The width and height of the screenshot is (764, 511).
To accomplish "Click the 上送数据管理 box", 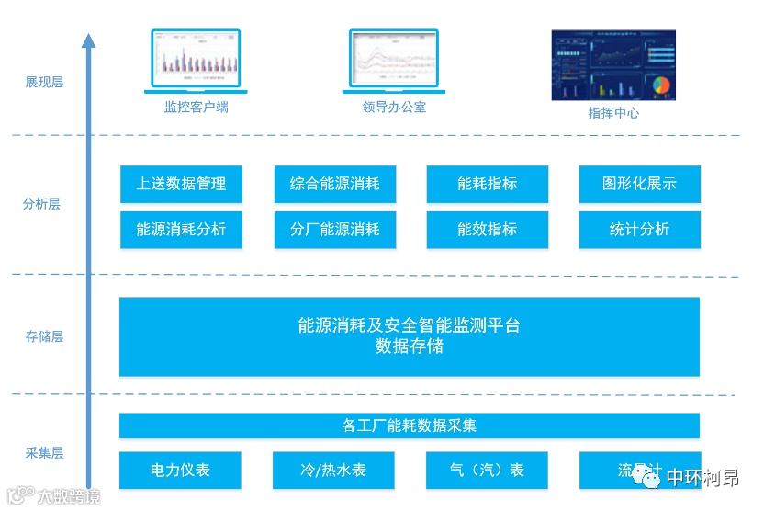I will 181,184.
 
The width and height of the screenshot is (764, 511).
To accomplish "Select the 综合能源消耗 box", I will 334,184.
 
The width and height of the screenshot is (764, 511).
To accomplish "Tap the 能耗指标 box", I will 487,184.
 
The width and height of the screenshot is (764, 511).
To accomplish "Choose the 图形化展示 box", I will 639,184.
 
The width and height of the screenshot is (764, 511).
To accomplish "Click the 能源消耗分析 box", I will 181,230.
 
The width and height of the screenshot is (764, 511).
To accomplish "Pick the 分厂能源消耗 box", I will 334,230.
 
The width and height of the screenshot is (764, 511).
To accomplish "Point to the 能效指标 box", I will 487,230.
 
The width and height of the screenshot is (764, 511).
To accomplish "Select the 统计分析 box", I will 639,230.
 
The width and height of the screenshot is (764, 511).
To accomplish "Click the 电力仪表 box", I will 180,470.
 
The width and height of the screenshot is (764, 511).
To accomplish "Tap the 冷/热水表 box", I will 333,470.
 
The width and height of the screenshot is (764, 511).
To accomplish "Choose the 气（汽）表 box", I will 487,470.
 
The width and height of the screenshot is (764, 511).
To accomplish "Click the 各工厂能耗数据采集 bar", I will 410,426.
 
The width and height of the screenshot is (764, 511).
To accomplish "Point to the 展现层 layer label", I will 44,83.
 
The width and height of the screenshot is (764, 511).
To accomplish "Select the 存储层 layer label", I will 44,336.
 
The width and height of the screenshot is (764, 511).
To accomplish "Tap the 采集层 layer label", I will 44,453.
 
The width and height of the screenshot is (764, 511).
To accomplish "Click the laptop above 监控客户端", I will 196,62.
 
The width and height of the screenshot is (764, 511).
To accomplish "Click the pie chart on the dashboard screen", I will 661,85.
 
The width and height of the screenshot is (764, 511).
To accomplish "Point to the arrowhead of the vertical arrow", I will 88,40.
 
